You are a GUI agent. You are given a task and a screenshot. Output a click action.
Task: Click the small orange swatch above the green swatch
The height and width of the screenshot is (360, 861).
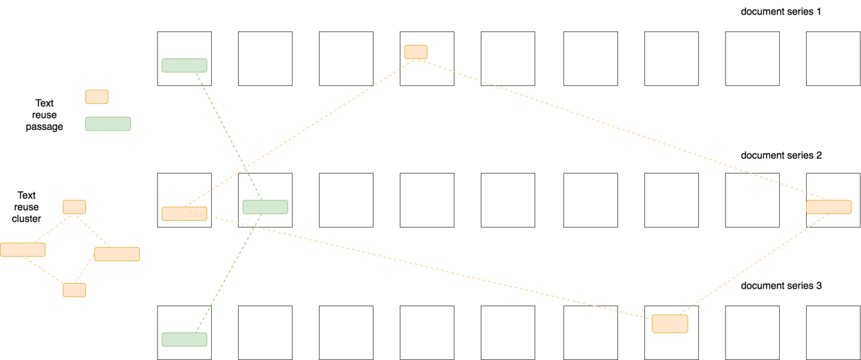pos(96,96)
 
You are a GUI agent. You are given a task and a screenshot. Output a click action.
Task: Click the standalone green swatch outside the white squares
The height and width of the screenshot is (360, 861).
pos(108,124)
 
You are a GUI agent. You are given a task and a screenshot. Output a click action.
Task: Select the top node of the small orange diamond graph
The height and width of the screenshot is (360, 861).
pos(74,207)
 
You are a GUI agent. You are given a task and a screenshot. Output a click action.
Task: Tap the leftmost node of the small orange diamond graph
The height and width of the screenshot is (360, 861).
pos(23,250)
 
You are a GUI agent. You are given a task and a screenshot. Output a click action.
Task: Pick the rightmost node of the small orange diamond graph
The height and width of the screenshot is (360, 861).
pos(117,254)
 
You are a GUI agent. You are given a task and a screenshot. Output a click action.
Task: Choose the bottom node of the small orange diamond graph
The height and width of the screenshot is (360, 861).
pos(74,290)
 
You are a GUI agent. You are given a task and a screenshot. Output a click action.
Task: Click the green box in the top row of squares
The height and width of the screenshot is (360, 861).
pos(184,66)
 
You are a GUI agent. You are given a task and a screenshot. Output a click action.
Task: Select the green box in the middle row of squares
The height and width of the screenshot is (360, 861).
pos(265,207)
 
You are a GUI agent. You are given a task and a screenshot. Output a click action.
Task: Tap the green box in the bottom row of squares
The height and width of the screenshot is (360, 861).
pos(184,339)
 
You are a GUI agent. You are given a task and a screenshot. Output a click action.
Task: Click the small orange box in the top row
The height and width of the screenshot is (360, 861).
pos(415,52)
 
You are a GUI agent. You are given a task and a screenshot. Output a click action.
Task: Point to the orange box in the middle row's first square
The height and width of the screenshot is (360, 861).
pos(184,214)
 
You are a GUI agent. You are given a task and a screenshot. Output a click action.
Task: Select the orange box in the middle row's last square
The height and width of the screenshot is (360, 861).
pos(828,207)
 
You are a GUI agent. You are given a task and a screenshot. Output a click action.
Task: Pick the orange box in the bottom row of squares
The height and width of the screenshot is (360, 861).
pos(669,324)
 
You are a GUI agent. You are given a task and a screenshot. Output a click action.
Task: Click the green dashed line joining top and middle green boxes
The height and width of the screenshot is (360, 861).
pos(224,129)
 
